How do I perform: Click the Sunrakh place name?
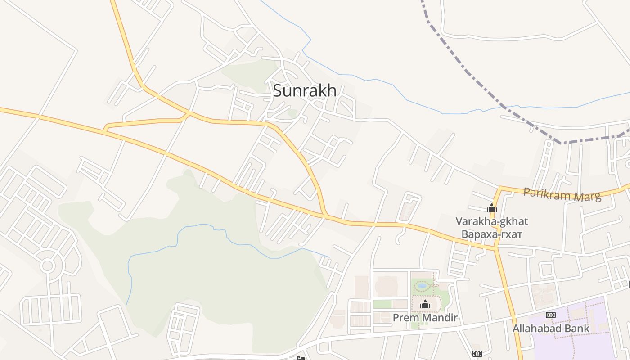[x=305, y=90]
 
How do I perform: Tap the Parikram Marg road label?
[x=562, y=195]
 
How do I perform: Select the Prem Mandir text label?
[x=425, y=318]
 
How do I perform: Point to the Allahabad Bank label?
[x=551, y=328]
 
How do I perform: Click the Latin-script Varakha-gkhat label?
[x=491, y=221]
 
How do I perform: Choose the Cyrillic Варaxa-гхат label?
[x=491, y=234]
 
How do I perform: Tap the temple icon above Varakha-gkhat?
[x=492, y=208]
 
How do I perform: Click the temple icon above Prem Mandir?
[x=425, y=305]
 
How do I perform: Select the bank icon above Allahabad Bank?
[x=550, y=315]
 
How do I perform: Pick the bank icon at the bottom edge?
[x=477, y=354]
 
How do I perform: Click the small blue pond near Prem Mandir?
[x=422, y=285]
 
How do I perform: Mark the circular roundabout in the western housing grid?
[x=48, y=265]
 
